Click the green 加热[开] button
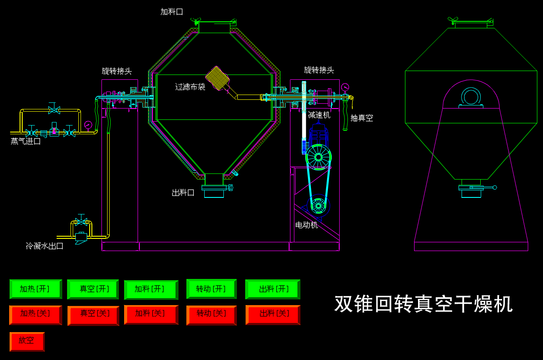pos(35,289)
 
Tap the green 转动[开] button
pos(211,289)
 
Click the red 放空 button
pos(27,341)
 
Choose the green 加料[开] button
pos(151,289)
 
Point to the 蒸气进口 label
pos(26,141)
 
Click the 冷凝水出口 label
pos(45,246)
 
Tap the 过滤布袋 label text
pos(190,87)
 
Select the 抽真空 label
pos(361,118)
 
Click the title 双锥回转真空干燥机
pos(423,304)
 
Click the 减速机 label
pos(319,115)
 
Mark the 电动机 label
pos(307,225)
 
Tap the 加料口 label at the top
pos(172,12)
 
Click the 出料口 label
pos(183,192)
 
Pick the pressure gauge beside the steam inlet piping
pos(88,125)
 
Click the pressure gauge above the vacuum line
pos(345,87)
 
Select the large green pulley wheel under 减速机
pos(318,157)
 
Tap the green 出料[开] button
pos(273,289)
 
